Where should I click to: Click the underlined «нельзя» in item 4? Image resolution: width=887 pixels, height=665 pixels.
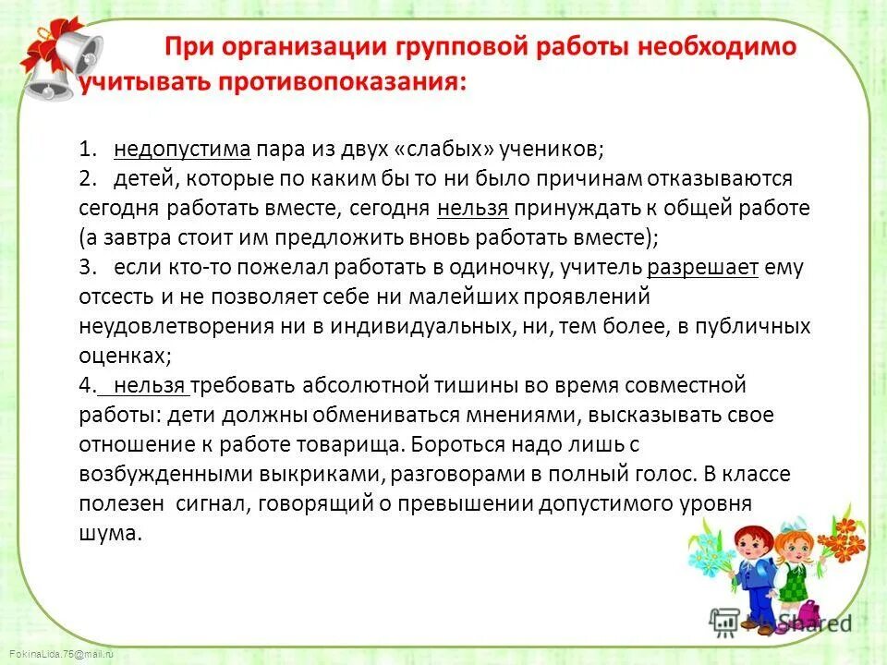tap(152, 386)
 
